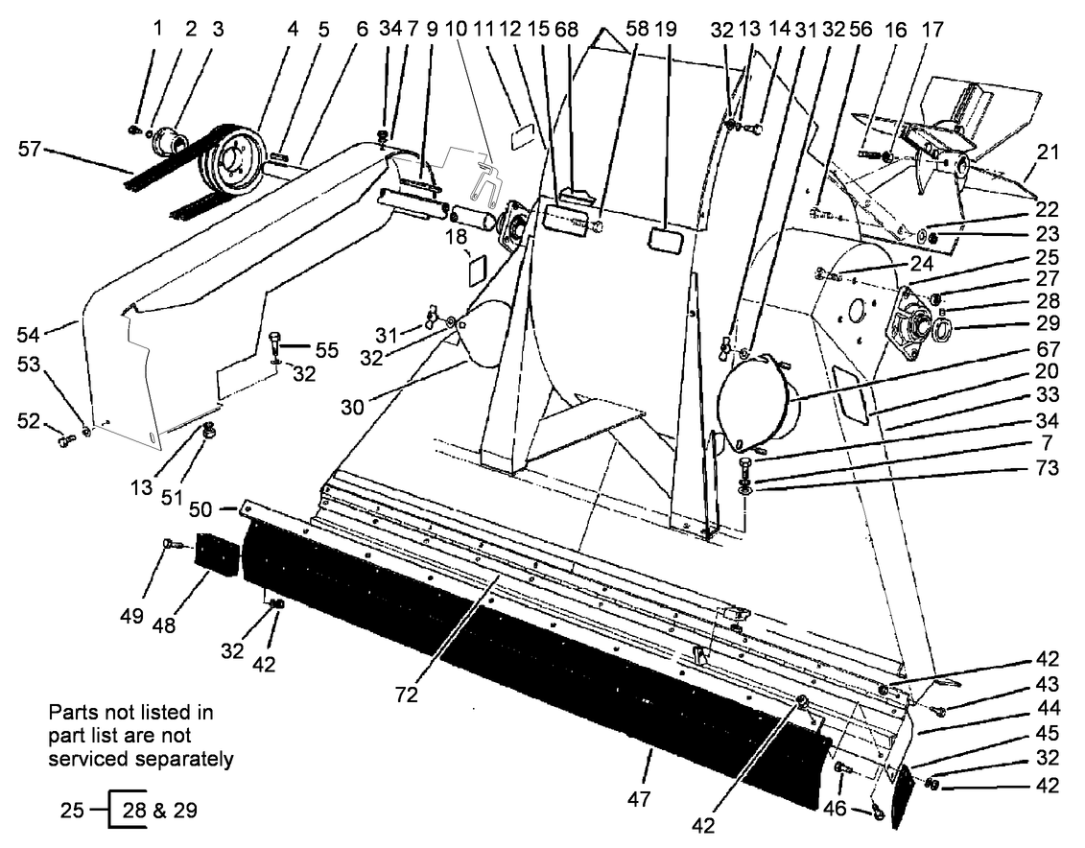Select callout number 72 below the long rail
[407, 695]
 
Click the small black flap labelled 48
[216, 555]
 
